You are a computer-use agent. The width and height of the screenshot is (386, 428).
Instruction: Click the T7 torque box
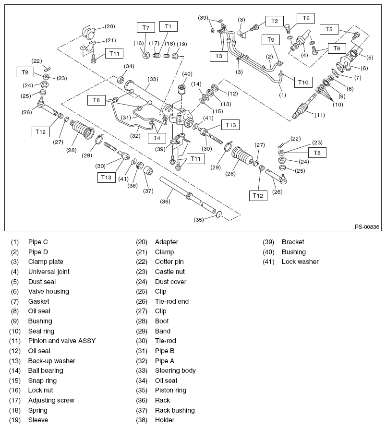coord(146,27)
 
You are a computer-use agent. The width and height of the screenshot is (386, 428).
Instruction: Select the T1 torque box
coord(169,26)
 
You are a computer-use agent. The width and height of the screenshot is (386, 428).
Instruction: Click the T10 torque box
coord(302,82)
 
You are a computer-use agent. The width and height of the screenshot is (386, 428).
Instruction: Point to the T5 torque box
coord(329,29)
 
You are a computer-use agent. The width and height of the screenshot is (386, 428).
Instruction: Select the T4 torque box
coord(157,138)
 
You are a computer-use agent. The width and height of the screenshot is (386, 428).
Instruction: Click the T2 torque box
coord(274,21)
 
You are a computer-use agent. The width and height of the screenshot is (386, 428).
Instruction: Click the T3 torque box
coord(218,56)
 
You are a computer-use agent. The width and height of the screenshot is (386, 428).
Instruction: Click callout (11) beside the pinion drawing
coord(319,115)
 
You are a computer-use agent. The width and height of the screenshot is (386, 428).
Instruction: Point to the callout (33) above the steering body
coord(153,79)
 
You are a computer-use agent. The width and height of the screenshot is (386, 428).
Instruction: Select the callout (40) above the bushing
coord(187,74)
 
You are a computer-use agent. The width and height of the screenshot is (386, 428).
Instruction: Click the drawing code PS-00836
coord(367,227)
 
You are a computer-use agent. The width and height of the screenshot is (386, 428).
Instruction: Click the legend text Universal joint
coord(48,272)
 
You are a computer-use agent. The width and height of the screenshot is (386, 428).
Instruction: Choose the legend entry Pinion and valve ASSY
coord(62,341)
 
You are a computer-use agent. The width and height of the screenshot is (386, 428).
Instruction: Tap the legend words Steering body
coord(175,370)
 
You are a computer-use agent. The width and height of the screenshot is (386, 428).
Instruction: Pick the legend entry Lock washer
coord(300,262)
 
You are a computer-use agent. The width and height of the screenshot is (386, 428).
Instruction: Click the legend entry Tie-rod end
coord(172,301)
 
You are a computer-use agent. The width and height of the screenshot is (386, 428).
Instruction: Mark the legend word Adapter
coord(167,242)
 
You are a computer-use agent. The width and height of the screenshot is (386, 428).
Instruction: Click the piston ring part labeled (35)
coord(217,214)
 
